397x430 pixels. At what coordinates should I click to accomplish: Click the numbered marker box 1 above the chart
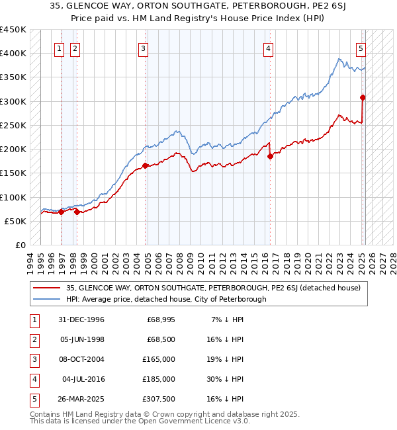click(59, 48)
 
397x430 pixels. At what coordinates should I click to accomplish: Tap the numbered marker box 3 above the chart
click(143, 48)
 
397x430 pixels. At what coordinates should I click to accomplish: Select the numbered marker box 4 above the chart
click(268, 48)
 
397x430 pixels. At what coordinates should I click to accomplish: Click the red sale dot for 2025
click(363, 98)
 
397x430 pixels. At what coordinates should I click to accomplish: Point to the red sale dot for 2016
click(270, 156)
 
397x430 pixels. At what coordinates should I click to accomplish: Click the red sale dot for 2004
click(145, 166)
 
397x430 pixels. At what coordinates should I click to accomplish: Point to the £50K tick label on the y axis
click(16, 221)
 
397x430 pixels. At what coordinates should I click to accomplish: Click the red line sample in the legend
click(47, 288)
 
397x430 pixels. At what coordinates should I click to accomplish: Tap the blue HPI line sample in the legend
click(47, 299)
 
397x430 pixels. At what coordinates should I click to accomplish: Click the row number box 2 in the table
click(33, 339)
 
